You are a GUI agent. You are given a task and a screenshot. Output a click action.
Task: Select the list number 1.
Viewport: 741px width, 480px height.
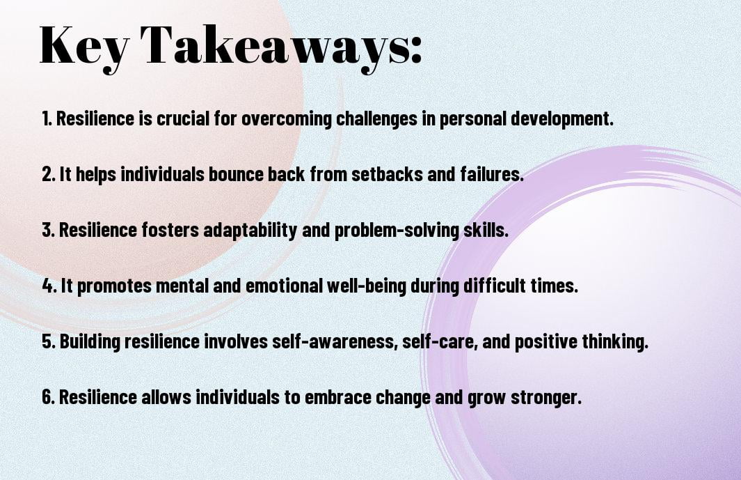[47, 118]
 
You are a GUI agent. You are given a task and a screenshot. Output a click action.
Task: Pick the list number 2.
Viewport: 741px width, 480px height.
[49, 173]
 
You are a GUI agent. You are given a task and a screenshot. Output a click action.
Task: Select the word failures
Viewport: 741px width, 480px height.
[492, 173]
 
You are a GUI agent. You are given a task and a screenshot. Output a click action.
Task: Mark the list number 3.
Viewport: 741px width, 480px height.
[49, 230]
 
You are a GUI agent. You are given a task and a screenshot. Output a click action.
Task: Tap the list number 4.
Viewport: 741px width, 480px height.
[49, 286]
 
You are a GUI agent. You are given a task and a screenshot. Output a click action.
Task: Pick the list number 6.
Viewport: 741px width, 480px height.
[49, 397]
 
